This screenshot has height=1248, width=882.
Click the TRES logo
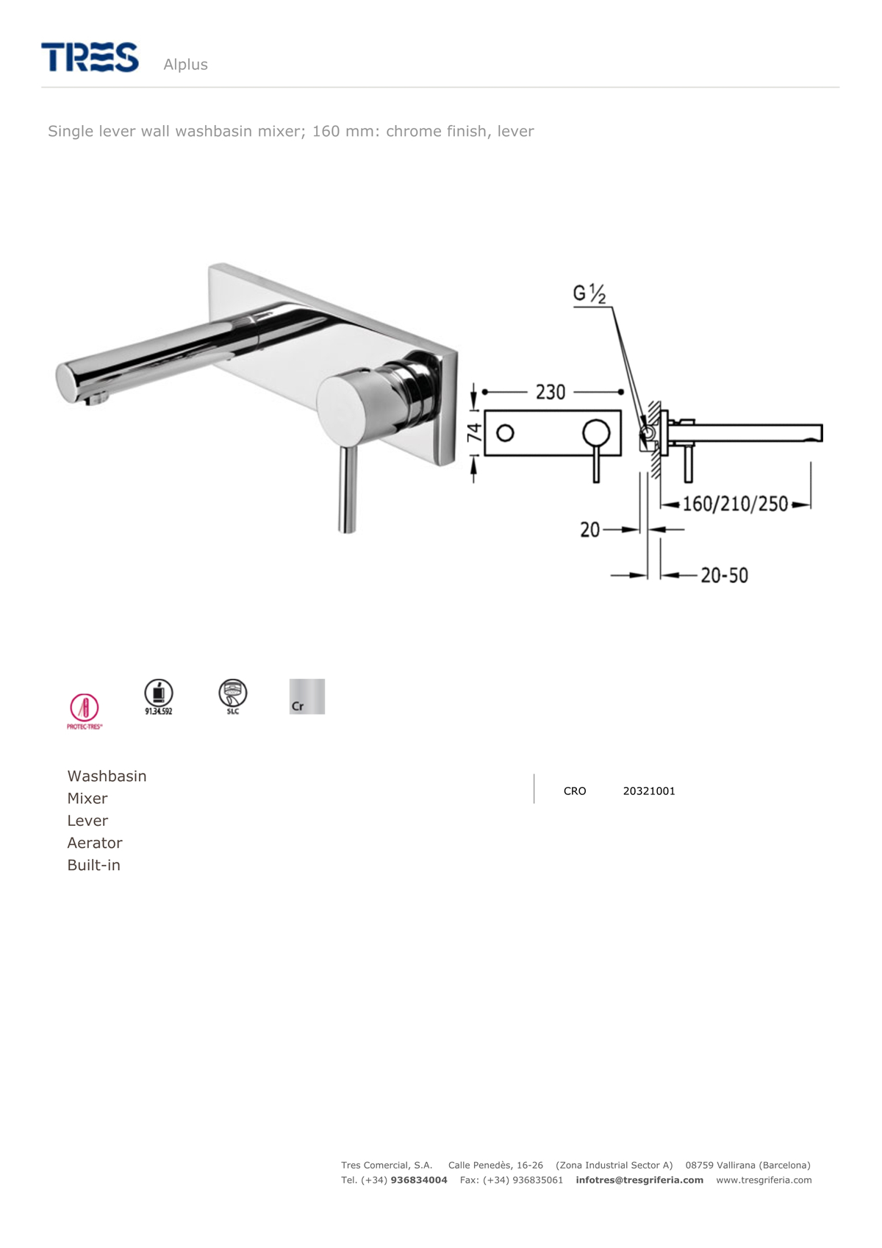click(90, 57)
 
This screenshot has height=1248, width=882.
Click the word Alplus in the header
click(185, 65)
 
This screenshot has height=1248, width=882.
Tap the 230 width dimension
click(550, 392)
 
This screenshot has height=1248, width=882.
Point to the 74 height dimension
click(474, 433)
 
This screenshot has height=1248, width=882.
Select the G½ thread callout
click(589, 293)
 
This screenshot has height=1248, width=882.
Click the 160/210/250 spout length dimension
click(735, 504)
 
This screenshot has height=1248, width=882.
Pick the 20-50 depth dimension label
click(724, 575)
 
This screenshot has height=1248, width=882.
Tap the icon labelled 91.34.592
click(159, 697)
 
